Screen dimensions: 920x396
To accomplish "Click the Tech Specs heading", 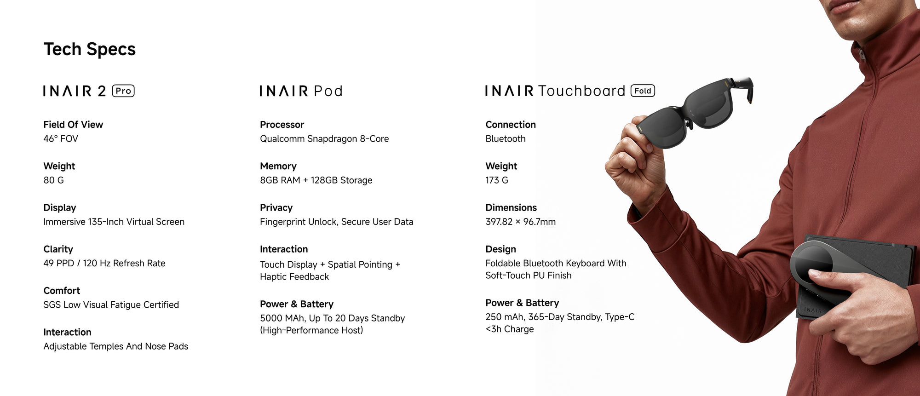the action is (90, 49).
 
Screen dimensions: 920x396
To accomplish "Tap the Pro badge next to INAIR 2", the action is (123, 91).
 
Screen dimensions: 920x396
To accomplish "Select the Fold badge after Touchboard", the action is (643, 91).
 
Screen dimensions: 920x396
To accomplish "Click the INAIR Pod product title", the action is (301, 91).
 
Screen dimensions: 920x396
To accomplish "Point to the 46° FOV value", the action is (61, 138).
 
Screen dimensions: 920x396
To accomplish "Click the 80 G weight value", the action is (53, 180).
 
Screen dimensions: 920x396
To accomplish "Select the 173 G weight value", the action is (497, 180).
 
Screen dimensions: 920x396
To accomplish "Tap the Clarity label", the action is (58, 249).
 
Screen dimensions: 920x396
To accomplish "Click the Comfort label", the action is (62, 291).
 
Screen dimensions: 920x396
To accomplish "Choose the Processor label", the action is (282, 125).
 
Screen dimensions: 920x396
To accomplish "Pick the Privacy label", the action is (276, 208).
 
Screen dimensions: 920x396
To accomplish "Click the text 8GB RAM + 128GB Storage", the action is (316, 180).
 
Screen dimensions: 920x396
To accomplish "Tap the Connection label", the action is (511, 125).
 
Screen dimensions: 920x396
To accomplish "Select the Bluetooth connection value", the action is (506, 138).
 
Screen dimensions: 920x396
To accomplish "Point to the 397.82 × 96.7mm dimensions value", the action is (520, 222).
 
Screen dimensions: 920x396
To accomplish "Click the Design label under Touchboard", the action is (500, 249).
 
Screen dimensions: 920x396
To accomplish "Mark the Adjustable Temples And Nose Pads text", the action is (116, 346).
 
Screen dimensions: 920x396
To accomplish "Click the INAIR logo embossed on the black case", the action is (813, 310).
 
